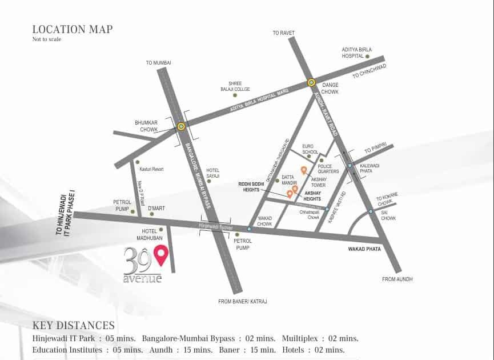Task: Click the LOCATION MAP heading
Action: click(x=73, y=29)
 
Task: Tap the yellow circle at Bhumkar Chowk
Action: click(x=181, y=127)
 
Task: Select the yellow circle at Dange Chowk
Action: click(x=311, y=82)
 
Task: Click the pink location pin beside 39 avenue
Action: click(x=162, y=255)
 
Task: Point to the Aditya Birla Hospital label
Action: click(x=356, y=53)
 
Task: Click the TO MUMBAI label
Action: click(x=158, y=62)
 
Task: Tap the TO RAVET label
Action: click(x=283, y=33)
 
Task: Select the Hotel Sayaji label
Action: click(x=213, y=173)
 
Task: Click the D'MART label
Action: click(x=156, y=208)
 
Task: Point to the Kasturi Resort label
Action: click(x=151, y=169)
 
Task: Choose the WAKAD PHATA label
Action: click(x=364, y=249)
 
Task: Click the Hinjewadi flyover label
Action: click(x=214, y=226)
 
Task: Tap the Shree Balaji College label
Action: click(x=239, y=86)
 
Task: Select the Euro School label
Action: click(x=310, y=149)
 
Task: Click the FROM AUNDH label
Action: click(x=397, y=279)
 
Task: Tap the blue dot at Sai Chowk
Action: click(x=371, y=211)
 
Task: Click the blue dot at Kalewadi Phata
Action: click(x=350, y=166)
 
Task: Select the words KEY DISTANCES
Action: click(x=73, y=326)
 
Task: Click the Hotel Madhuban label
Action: click(x=148, y=234)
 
